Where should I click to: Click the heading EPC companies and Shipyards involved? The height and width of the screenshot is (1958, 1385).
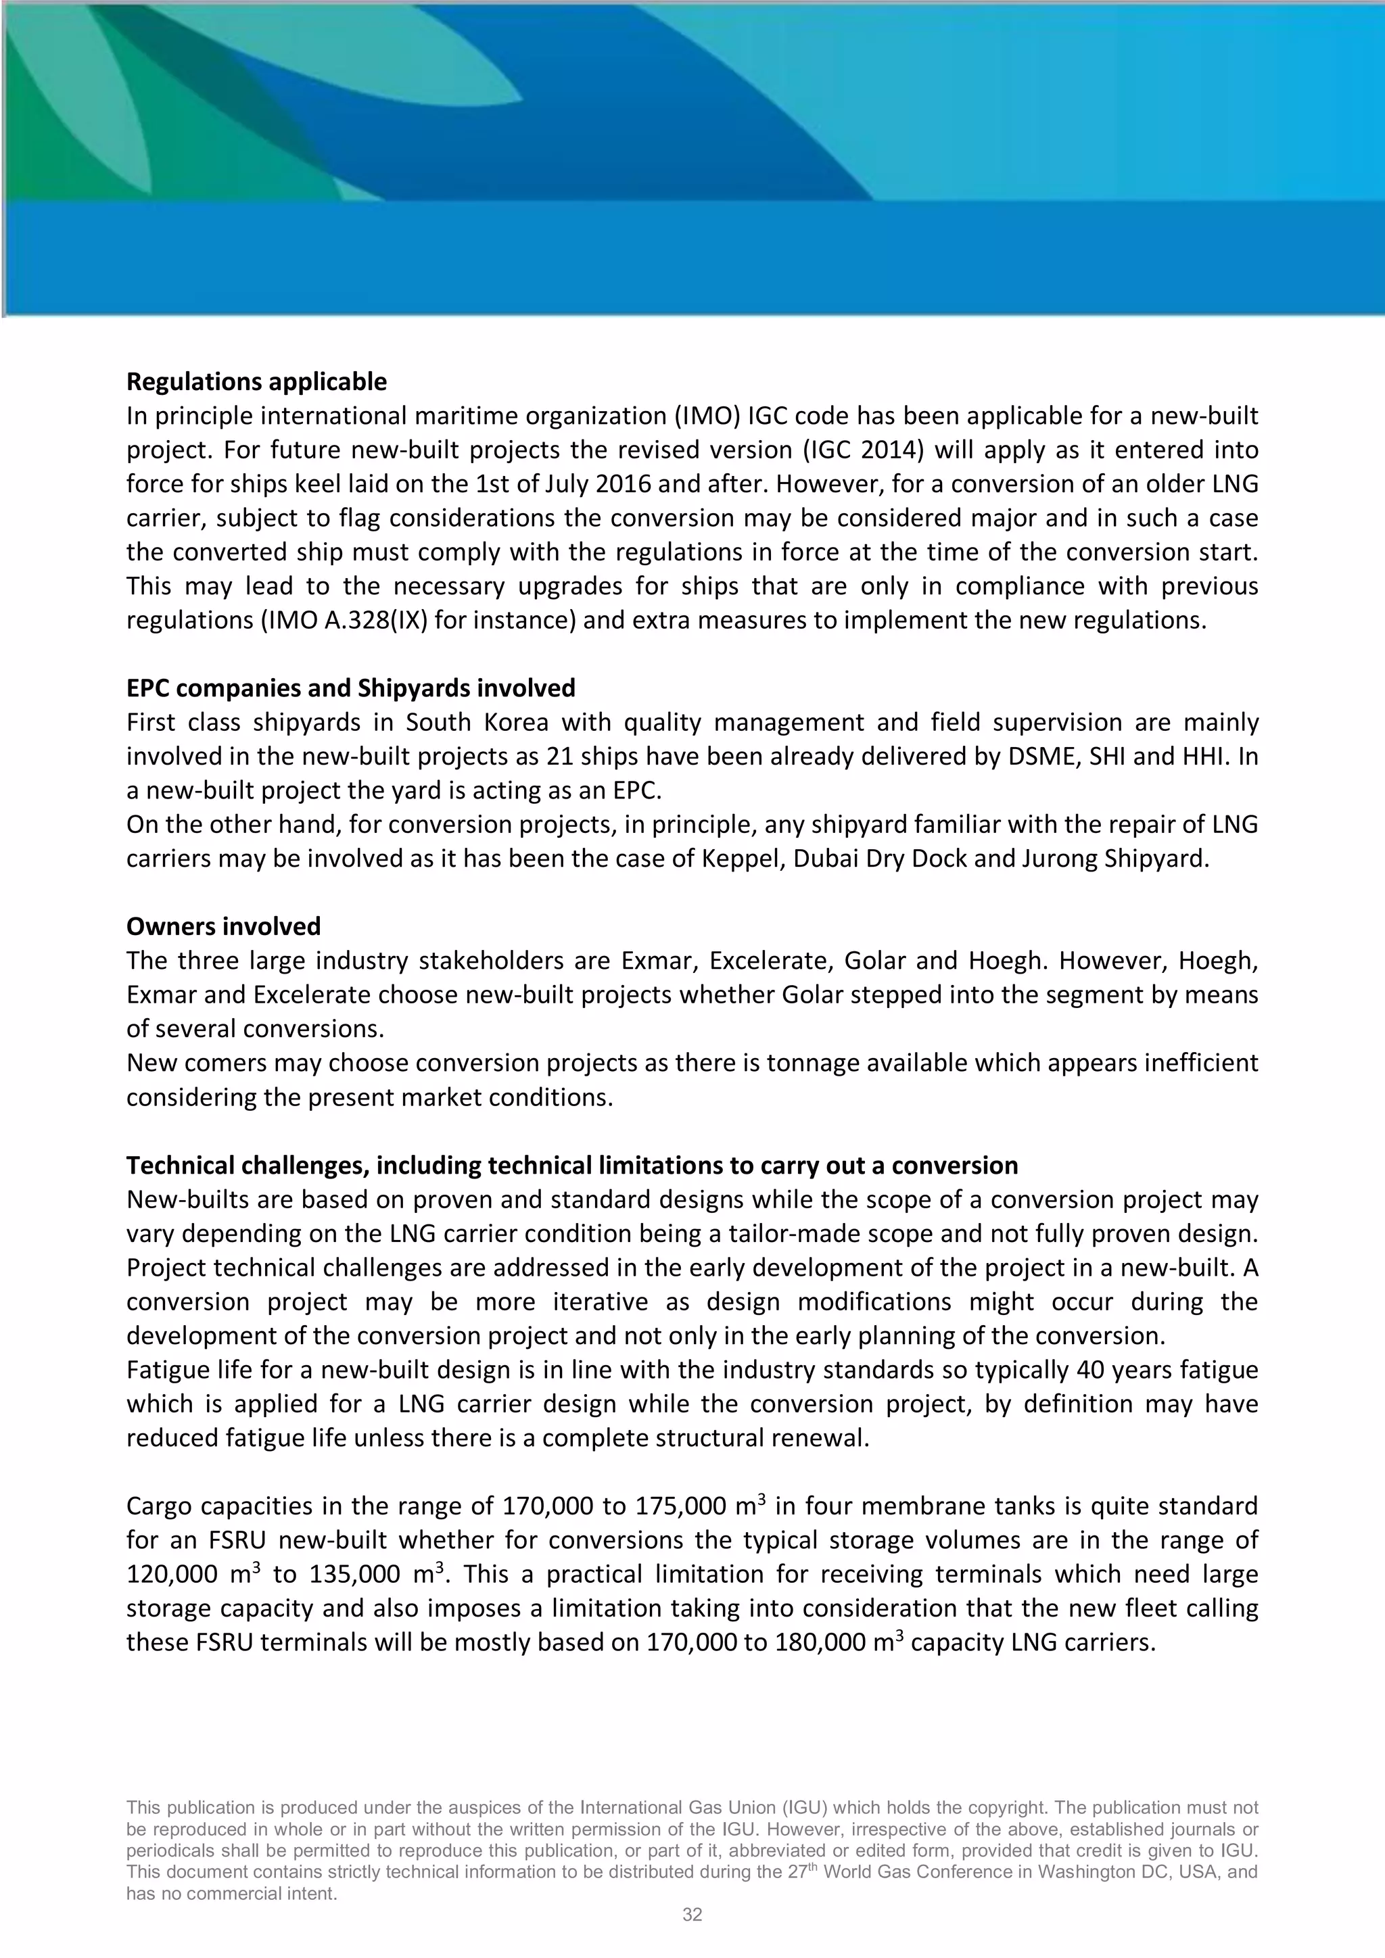point(350,688)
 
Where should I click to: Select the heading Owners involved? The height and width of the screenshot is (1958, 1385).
point(223,927)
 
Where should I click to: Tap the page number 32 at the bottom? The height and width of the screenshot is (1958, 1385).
point(692,1915)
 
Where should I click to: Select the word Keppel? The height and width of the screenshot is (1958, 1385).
point(743,859)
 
